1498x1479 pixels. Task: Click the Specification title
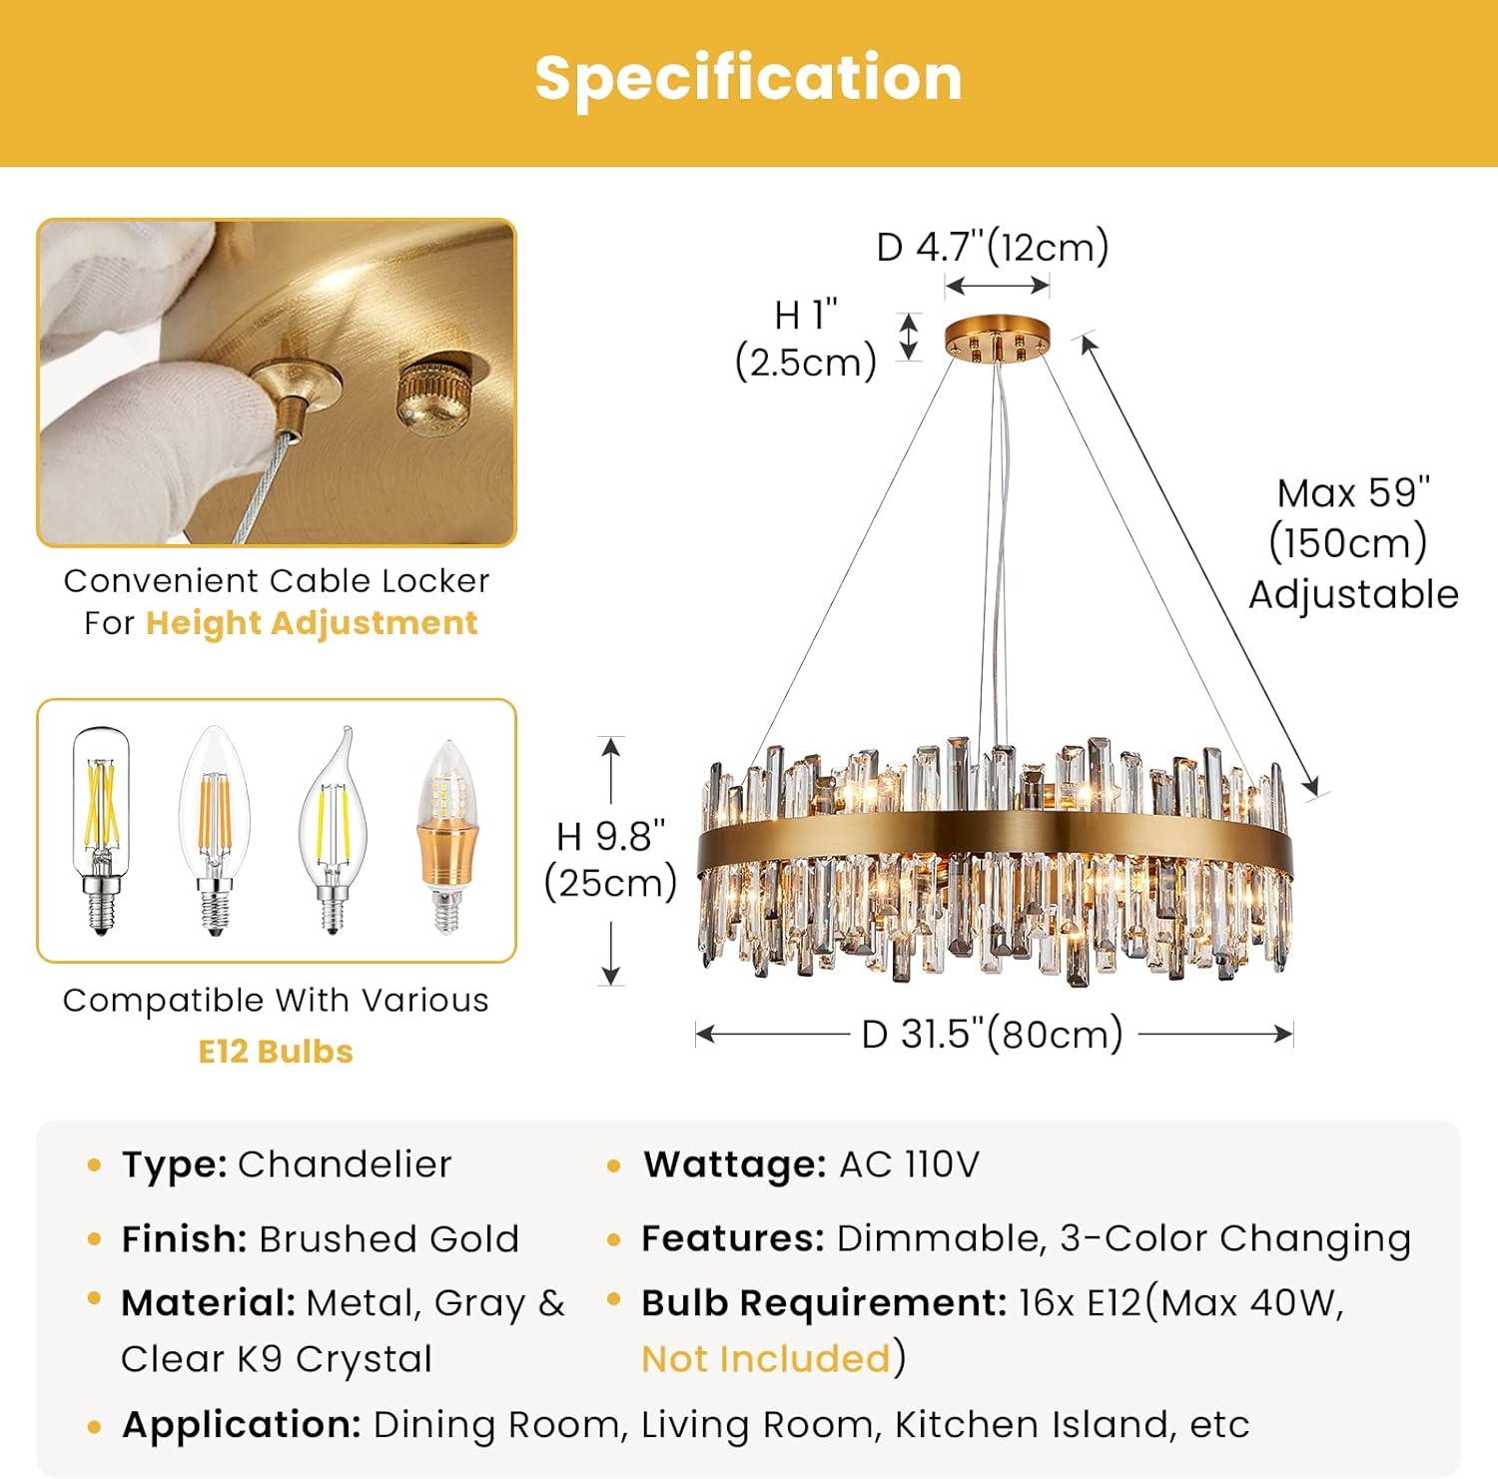tap(748, 79)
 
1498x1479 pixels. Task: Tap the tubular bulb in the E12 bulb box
tap(100, 829)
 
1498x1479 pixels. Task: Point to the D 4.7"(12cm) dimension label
tap(993, 247)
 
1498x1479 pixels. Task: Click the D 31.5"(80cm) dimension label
tap(993, 1035)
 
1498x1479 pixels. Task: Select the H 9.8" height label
tap(611, 837)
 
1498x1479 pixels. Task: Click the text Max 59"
tap(1353, 493)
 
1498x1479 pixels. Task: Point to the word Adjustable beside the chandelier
tap(1353, 595)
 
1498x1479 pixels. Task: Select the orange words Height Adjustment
tap(312, 623)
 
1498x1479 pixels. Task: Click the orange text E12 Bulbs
tap(276, 1052)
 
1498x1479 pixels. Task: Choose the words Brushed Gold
tap(389, 1239)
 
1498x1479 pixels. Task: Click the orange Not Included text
tap(766, 1359)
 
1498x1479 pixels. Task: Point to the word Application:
tap(241, 1425)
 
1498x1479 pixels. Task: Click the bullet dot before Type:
tap(95, 1165)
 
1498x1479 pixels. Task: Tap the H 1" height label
tap(806, 316)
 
